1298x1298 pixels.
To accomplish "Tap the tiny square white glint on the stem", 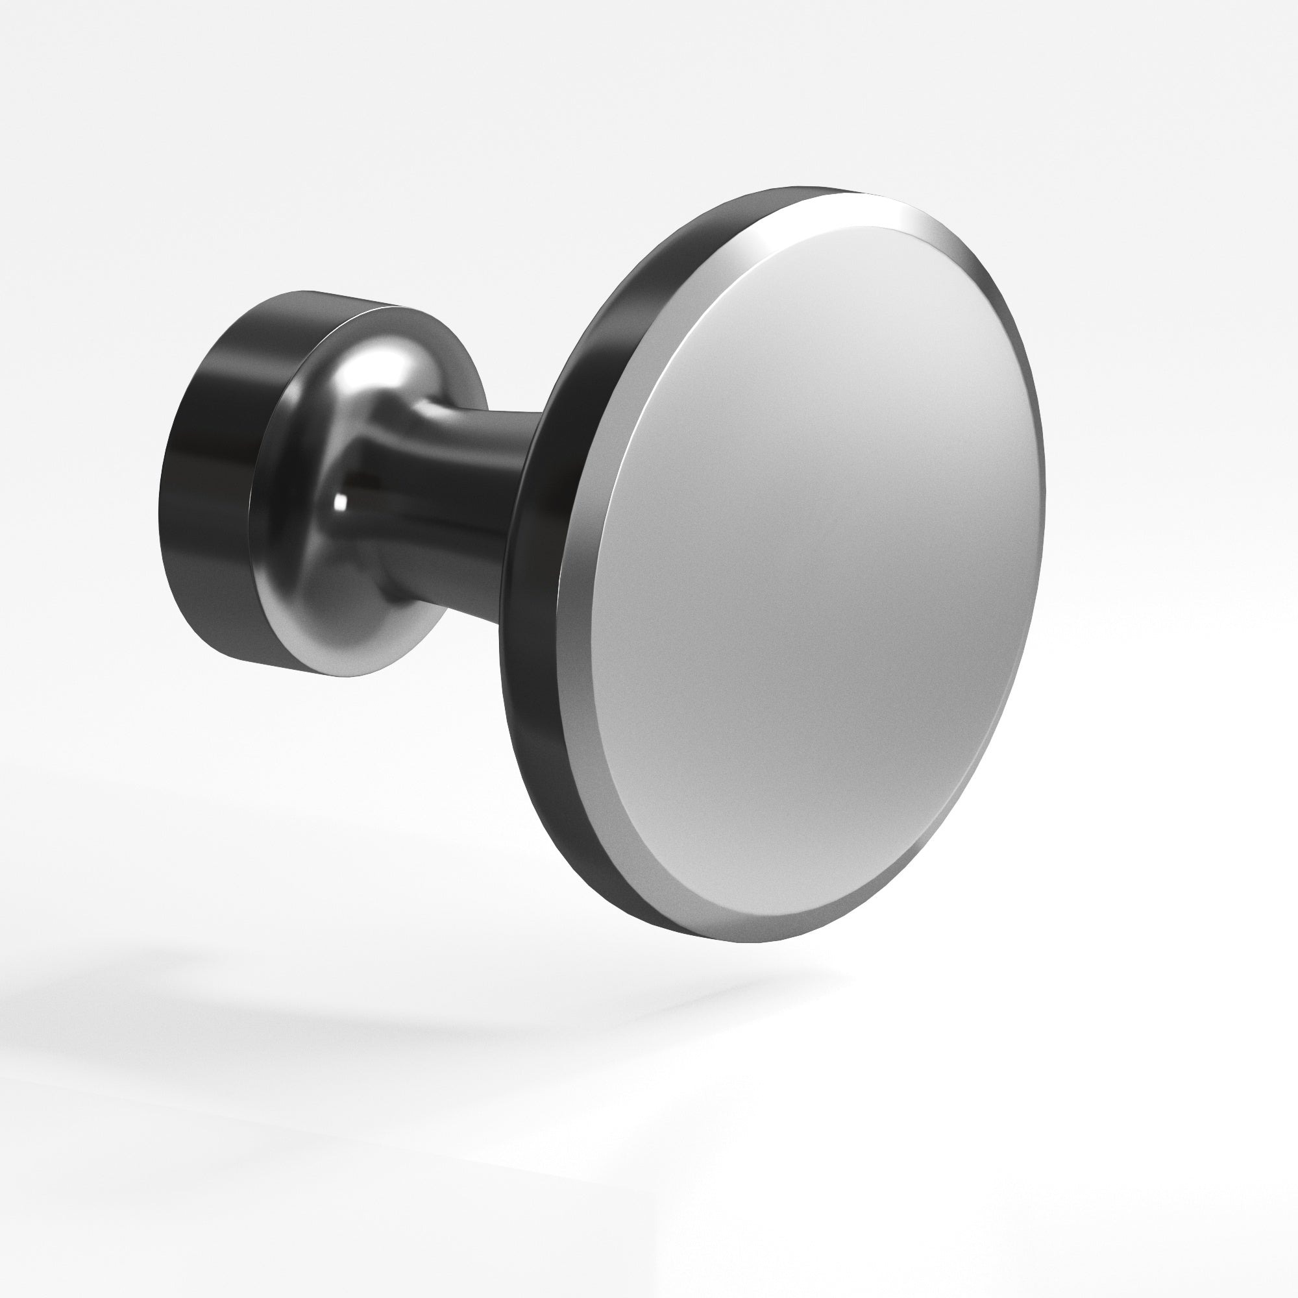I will coord(341,500).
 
